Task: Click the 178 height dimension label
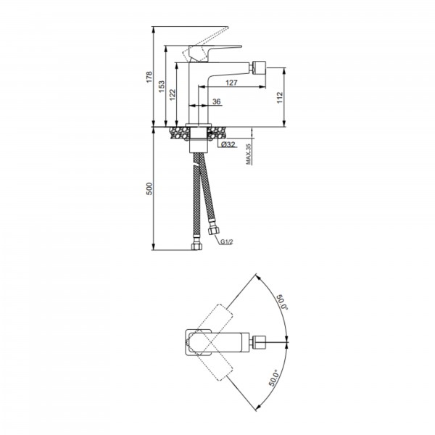[149, 77]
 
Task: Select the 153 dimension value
[162, 86]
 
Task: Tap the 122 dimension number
[173, 94]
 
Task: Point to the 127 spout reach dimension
[231, 83]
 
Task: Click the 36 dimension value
[216, 101]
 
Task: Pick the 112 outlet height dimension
[280, 98]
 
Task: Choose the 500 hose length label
[149, 188]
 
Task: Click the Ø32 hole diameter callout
[228, 144]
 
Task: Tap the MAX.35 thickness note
[249, 154]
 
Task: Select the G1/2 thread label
[227, 242]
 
